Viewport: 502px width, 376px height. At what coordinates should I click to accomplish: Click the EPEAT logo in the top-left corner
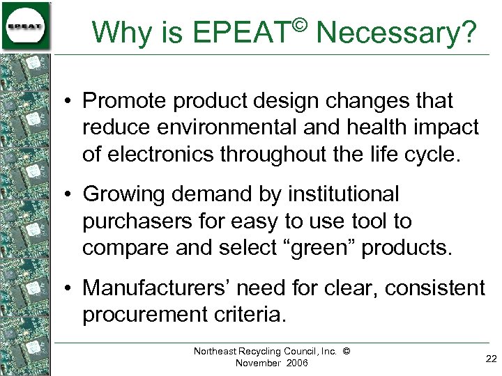pyautogui.click(x=26, y=26)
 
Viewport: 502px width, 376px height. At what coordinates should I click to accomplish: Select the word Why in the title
pyautogui.click(x=118, y=32)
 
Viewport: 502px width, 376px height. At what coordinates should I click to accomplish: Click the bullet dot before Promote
pyautogui.click(x=72, y=102)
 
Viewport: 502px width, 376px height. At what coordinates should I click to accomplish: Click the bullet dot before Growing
pyautogui.click(x=72, y=195)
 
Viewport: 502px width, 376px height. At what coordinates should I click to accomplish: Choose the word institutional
pyautogui.click(x=342, y=194)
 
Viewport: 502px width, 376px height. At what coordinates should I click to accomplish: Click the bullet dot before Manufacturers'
pyautogui.click(x=72, y=288)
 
